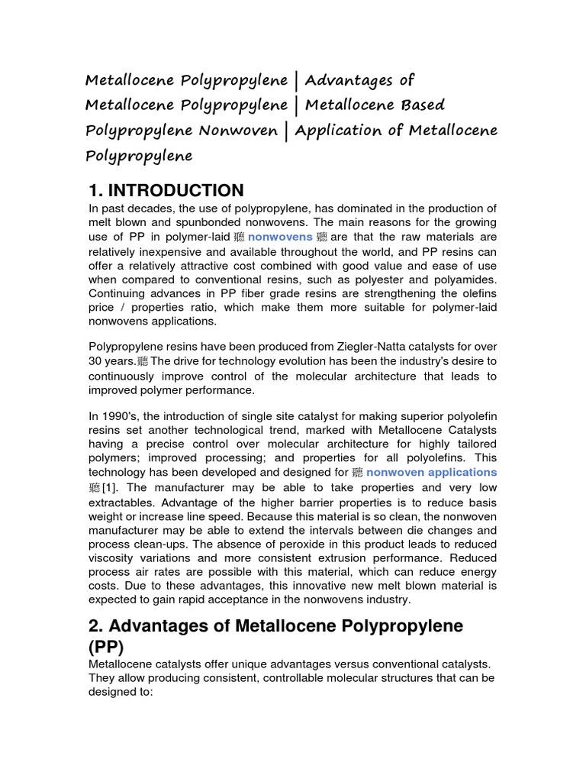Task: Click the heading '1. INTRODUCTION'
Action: tap(166, 190)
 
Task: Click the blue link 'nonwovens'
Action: tap(280, 237)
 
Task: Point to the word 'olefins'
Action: tap(475, 293)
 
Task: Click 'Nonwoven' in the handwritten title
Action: tap(237, 131)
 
